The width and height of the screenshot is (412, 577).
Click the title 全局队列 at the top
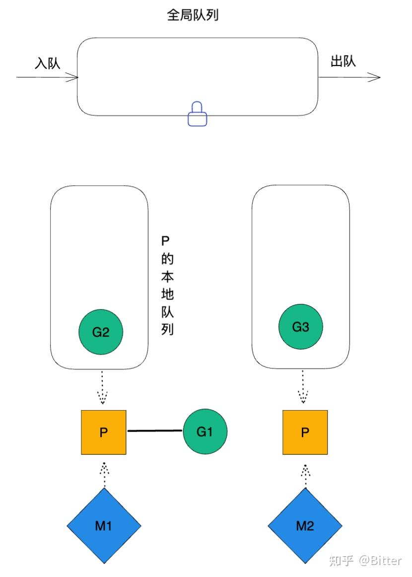click(193, 16)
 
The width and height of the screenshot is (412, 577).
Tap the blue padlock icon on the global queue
click(197, 114)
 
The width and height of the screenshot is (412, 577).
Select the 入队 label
click(47, 63)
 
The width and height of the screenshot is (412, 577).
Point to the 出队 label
click(343, 62)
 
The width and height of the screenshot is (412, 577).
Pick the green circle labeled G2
click(101, 332)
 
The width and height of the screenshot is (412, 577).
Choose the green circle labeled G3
click(301, 327)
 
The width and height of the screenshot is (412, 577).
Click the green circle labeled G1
click(205, 432)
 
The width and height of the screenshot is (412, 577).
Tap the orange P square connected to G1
click(104, 432)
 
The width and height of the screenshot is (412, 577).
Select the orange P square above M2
click(305, 432)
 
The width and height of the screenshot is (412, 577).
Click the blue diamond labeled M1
click(104, 526)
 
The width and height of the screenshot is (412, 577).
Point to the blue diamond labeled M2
click(305, 526)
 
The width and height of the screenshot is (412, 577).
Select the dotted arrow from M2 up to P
click(305, 475)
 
